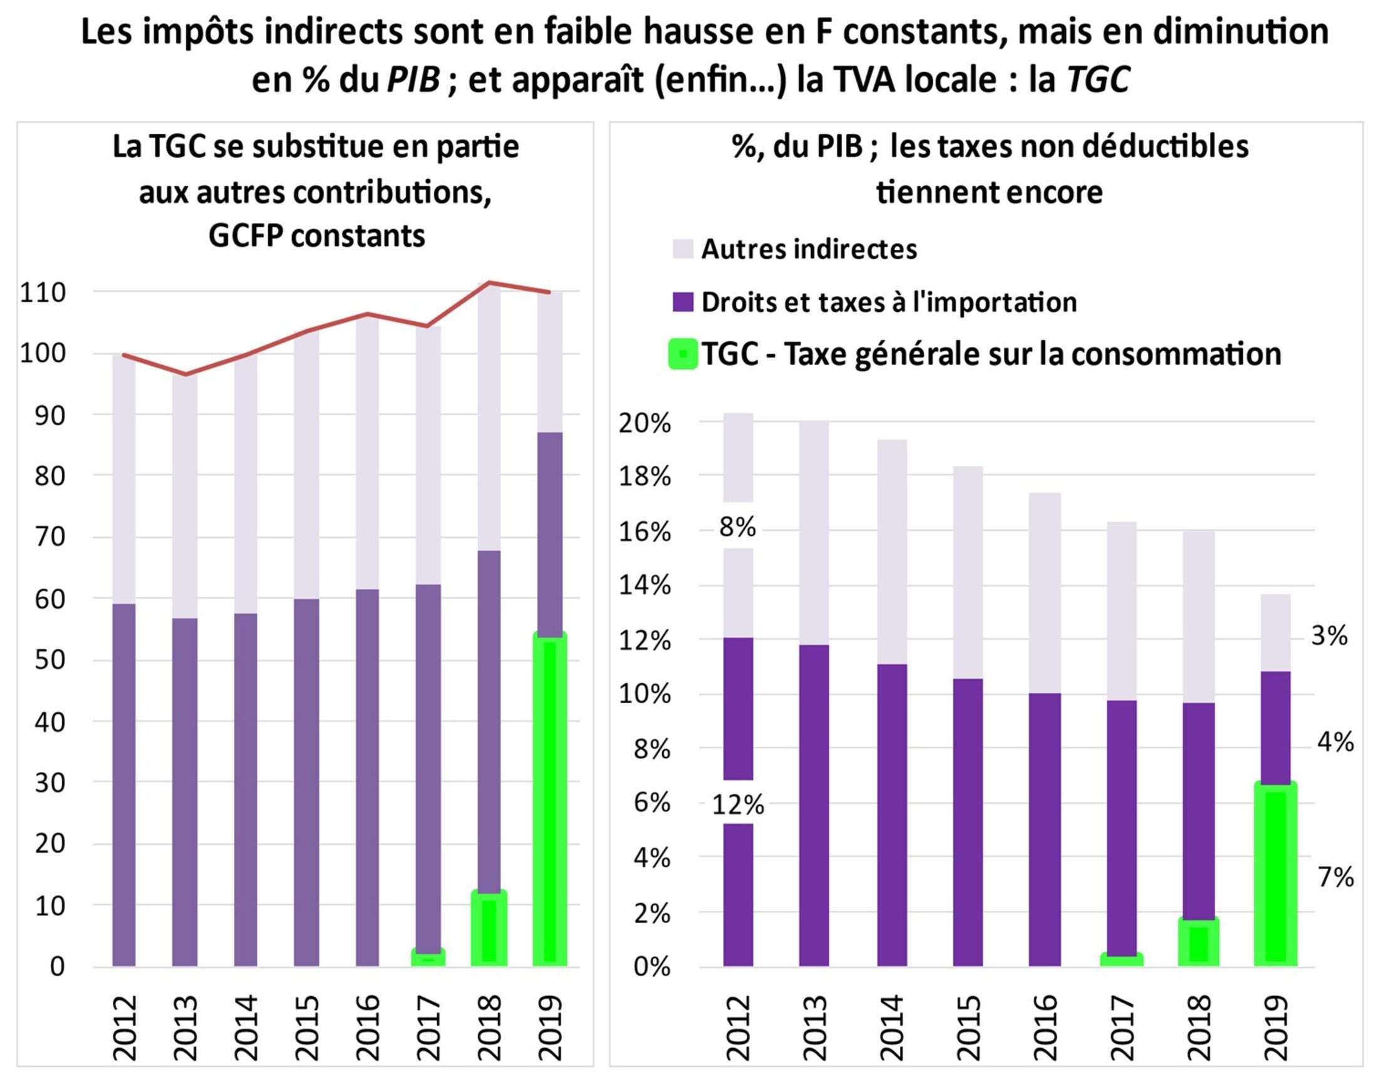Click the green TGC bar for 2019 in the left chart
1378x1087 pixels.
point(550,800)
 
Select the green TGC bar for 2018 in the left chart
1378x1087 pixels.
point(489,929)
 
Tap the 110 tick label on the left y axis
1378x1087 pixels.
point(43,293)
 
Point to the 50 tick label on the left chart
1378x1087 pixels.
point(50,660)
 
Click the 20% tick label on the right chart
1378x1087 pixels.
point(645,423)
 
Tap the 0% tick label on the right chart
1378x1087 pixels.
point(652,967)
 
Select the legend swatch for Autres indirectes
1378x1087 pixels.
point(682,249)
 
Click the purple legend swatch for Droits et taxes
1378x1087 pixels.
point(682,302)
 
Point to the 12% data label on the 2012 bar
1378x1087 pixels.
point(738,806)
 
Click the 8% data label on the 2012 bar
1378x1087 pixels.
point(738,527)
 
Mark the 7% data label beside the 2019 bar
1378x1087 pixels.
point(1335,878)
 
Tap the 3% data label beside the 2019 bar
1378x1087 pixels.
point(1329,636)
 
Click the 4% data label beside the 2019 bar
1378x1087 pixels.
point(1335,742)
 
